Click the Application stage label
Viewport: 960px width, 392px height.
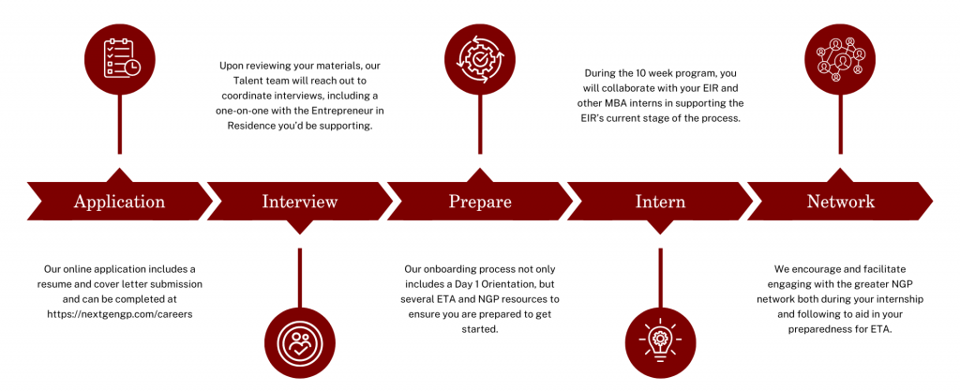coord(119,202)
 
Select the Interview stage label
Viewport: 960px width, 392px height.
coord(299,202)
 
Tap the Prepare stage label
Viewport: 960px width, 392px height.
coord(480,202)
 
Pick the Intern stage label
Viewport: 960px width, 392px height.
coord(660,202)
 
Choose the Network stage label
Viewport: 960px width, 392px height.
coord(840,202)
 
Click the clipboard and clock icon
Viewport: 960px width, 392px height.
coord(119,57)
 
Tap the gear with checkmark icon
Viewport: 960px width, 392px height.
coord(479,57)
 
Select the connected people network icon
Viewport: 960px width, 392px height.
coord(840,57)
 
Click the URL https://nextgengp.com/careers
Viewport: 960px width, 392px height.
coord(119,314)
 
